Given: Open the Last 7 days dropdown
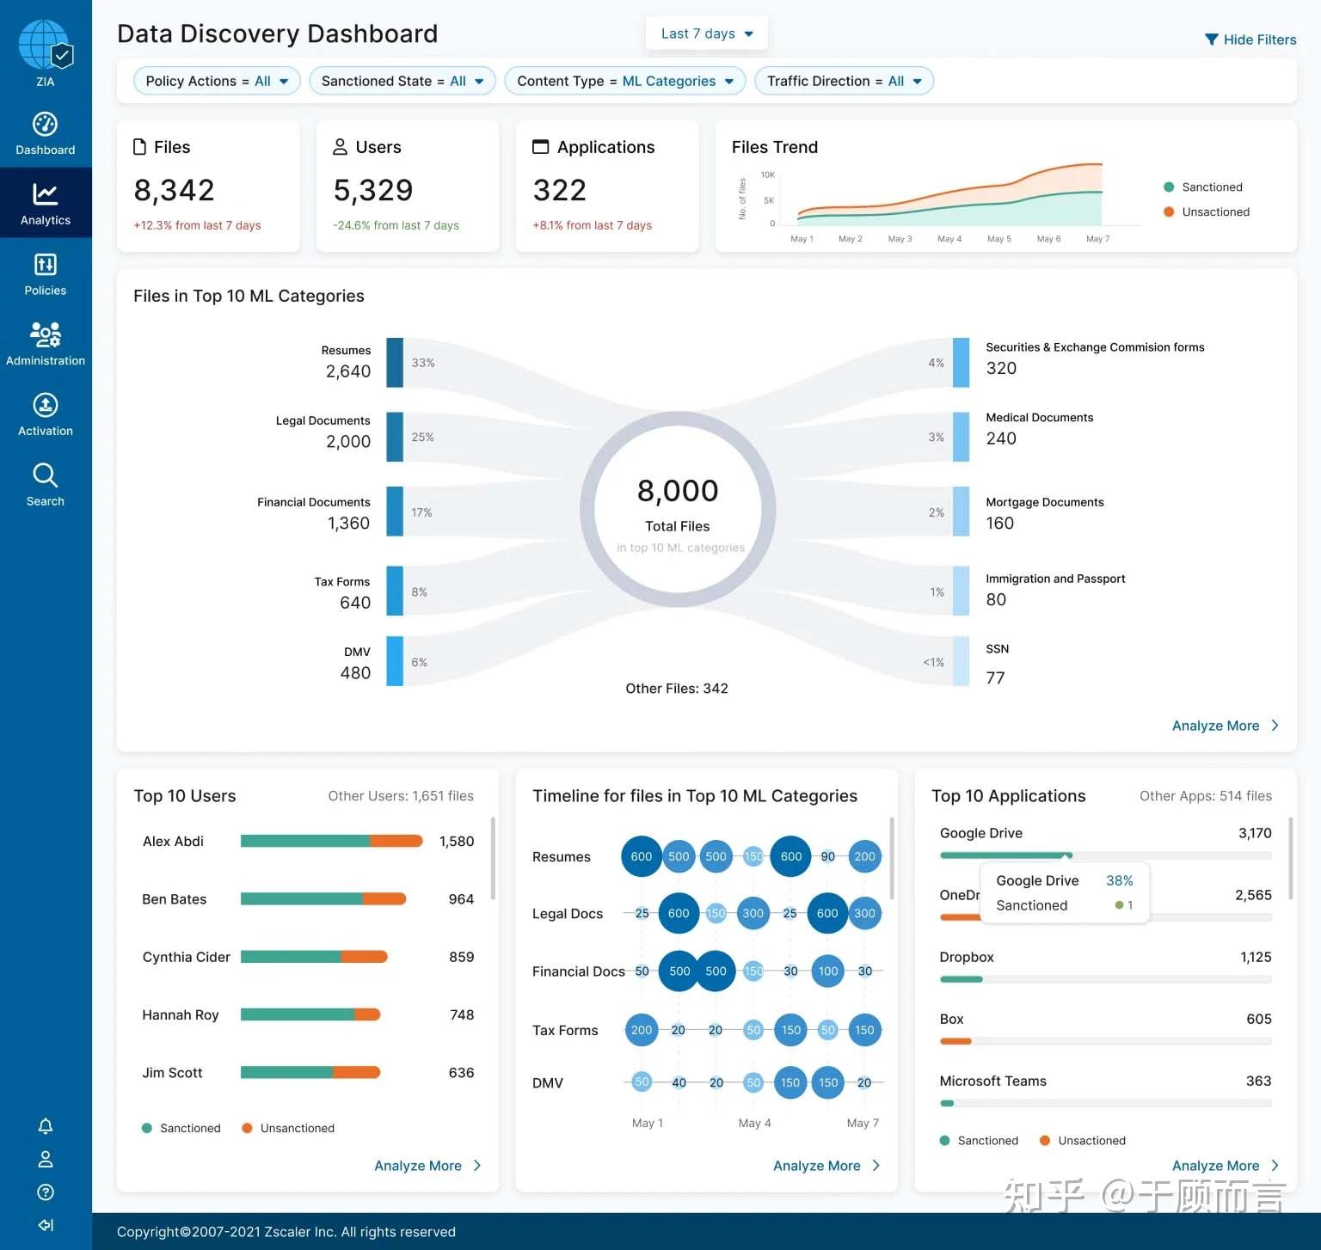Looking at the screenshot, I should (x=706, y=34).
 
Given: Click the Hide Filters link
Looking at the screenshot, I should (x=1250, y=40).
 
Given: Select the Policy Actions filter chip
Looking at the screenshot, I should (x=217, y=81).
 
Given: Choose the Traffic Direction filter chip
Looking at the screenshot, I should (x=844, y=81).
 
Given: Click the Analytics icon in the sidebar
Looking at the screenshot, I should (x=46, y=203).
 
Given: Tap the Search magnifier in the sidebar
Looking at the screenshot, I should (x=46, y=475).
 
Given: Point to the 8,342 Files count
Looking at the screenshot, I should (x=175, y=190).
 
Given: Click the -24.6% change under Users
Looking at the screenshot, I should (x=396, y=225).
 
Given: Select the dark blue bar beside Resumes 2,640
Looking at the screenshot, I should (x=395, y=362).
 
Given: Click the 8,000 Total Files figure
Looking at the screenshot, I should (x=678, y=491).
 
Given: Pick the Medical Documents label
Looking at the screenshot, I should (x=1039, y=418).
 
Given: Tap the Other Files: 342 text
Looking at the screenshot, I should (x=677, y=689).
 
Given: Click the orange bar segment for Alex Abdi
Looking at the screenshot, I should (x=396, y=841).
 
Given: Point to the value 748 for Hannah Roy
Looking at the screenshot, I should (x=462, y=1015).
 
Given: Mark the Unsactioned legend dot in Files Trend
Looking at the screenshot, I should (x=1169, y=211).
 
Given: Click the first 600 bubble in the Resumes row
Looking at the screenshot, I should (x=642, y=856).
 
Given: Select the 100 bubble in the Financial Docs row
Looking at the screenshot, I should (x=827, y=971).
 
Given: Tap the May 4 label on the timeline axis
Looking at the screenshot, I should (x=754, y=1123).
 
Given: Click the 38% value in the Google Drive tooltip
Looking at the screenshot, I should (x=1119, y=880).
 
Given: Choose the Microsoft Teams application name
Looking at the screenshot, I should (x=992, y=1081).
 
